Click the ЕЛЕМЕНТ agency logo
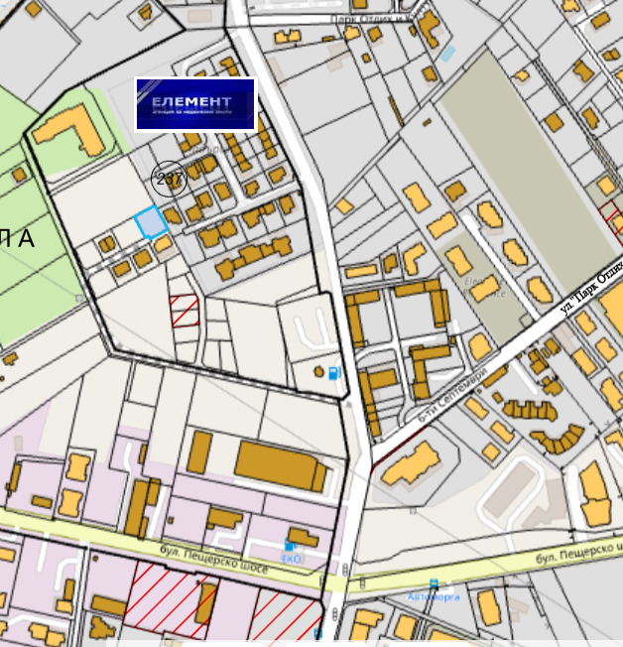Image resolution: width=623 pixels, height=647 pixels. pos(195,104)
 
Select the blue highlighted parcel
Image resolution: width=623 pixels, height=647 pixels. pos(151,222)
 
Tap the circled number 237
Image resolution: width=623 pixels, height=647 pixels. pos(169,179)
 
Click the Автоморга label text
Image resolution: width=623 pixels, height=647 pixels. pos(434,596)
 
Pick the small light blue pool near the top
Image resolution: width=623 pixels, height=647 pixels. pos(447,53)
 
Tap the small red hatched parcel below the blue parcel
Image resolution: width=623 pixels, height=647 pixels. pos(185,311)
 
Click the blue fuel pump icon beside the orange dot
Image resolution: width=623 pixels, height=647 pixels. pos(333,373)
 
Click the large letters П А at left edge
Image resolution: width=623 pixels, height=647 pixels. pos(17,238)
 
